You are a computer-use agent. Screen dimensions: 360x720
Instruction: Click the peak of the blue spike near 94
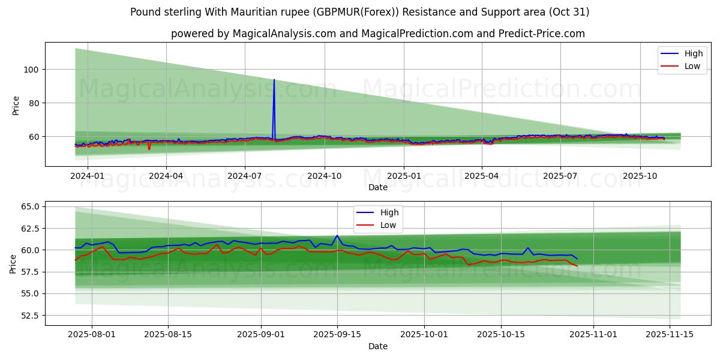274,80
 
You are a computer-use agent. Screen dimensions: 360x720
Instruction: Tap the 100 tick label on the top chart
31,70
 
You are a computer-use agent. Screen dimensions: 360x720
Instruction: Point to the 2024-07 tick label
244,176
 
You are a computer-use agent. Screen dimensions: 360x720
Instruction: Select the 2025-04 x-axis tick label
481,176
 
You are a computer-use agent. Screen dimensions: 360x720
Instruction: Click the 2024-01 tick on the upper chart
87,176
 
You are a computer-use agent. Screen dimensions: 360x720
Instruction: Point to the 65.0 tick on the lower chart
29,206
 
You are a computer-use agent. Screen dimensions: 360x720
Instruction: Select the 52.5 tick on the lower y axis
29,316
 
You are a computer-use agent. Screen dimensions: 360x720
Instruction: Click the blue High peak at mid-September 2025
337,236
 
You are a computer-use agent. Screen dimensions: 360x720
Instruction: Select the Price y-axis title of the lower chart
13,263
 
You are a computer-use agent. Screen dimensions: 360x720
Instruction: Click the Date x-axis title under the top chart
378,187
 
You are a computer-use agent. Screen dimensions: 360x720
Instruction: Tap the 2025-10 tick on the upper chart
640,176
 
